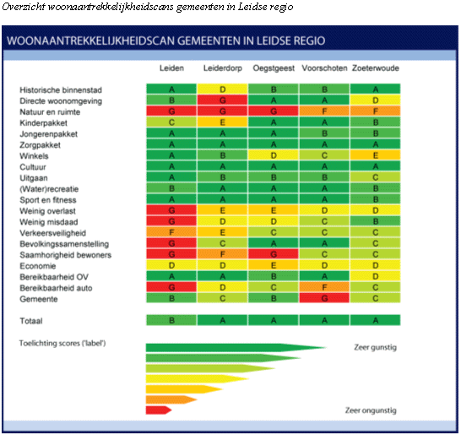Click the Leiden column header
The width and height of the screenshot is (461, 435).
(171, 68)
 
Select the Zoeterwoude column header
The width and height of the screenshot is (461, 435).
(376, 68)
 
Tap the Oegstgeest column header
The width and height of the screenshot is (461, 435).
(274, 68)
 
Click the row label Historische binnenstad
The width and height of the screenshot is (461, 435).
(61, 90)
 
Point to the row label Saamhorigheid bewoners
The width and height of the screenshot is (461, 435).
(66, 255)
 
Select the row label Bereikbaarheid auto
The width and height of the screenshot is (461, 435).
(56, 288)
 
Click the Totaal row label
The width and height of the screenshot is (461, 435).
(31, 321)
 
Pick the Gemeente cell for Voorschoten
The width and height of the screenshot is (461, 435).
(324, 298)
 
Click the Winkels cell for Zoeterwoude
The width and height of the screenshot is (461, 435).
(376, 155)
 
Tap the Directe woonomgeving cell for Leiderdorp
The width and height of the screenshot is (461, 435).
(223, 101)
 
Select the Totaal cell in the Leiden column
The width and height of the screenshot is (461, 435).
(171, 320)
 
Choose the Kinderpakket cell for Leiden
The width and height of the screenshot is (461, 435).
(171, 122)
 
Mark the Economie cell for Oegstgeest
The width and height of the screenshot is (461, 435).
(274, 265)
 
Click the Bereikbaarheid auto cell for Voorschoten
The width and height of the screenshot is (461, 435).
(324, 287)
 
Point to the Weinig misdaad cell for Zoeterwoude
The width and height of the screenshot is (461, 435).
(376, 221)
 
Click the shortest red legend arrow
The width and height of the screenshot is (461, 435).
(159, 411)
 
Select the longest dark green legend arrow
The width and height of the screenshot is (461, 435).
(236, 348)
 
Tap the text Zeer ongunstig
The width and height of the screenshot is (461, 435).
(371, 411)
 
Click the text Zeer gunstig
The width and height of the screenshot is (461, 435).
(375, 348)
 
